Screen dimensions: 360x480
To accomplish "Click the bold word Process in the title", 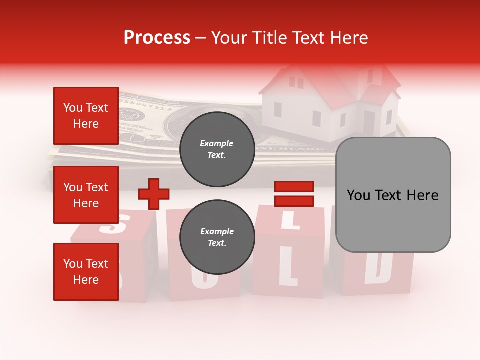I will click(157, 38).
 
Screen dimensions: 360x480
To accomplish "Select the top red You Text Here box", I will click(86, 116).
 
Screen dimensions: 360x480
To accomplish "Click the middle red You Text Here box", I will click(86, 195).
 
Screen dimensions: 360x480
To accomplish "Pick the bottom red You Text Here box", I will click(86, 271).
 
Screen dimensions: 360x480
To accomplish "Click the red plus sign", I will click(154, 194).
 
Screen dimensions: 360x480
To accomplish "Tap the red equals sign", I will click(294, 194).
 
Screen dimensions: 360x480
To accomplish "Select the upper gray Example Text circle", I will click(217, 149).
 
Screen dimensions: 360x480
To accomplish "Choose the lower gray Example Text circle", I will click(217, 237).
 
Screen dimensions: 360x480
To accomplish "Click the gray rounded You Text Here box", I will click(393, 195).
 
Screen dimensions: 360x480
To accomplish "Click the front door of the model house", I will click(369, 122).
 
